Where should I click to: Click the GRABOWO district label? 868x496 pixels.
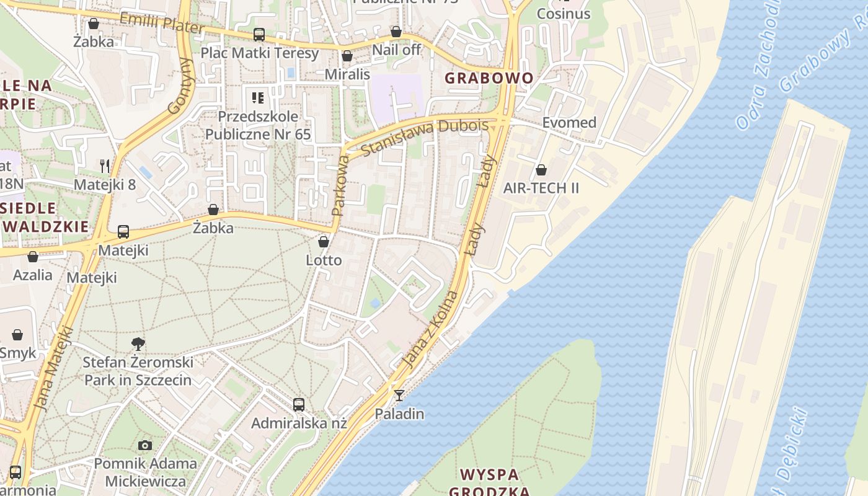(x=489, y=78)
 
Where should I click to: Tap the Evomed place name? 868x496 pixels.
(x=569, y=122)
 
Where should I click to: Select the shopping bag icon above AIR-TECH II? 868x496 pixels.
(x=541, y=170)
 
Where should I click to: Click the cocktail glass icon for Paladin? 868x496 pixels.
(x=399, y=395)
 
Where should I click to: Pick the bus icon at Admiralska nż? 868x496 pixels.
(x=299, y=405)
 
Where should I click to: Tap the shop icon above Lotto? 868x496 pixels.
(x=323, y=241)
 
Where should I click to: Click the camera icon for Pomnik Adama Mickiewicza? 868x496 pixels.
(x=145, y=445)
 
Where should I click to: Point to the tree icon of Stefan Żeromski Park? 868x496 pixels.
(x=138, y=343)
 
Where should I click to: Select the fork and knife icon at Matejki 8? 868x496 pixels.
(x=105, y=166)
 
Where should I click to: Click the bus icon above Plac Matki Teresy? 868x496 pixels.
(x=259, y=35)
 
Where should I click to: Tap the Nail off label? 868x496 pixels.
(x=396, y=50)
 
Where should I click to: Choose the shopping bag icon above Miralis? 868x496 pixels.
(x=347, y=56)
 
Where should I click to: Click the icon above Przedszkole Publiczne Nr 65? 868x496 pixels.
(x=258, y=97)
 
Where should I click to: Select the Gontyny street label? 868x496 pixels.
(x=182, y=86)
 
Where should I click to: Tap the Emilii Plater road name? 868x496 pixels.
(x=161, y=23)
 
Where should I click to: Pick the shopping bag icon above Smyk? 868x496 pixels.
(x=17, y=335)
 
